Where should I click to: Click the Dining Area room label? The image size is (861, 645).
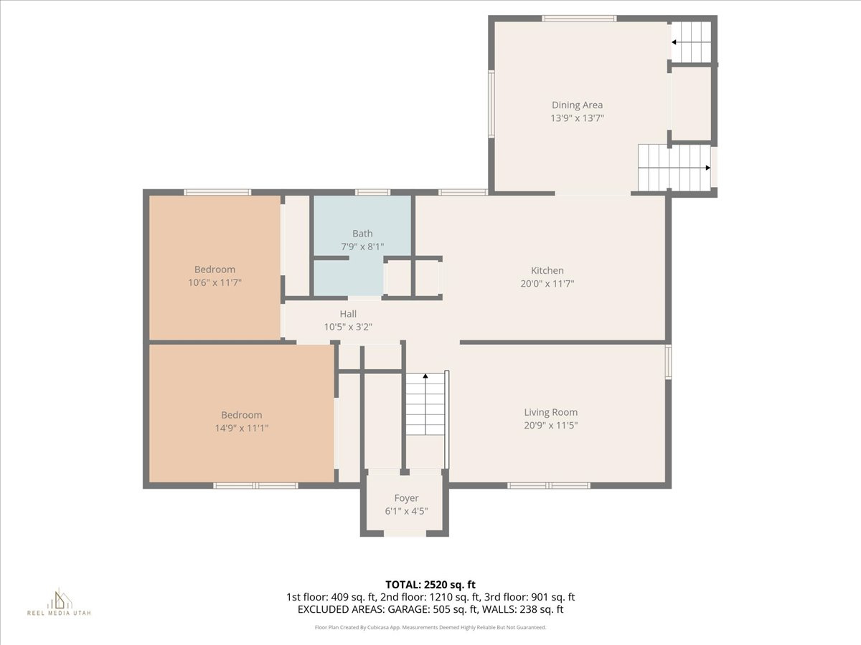(577, 105)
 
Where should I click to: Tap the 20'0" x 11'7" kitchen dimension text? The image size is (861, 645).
(547, 284)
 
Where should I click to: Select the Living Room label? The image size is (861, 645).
(550, 412)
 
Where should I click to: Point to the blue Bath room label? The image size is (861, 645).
(362, 234)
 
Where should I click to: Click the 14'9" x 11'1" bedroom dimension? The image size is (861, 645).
(241, 429)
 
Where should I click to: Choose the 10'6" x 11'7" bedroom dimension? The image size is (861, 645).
(215, 283)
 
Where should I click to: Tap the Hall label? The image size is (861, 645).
(348, 314)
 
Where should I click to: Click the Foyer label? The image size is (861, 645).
(406, 498)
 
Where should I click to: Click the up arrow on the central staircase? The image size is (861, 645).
(425, 376)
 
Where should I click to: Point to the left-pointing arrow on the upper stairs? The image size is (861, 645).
(674, 42)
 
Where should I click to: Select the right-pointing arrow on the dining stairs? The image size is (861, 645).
(707, 168)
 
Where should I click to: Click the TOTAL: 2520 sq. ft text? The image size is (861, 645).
(430, 583)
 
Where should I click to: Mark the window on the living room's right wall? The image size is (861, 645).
(668, 362)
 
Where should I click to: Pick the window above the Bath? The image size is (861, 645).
(373, 192)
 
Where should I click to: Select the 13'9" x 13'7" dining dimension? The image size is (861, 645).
(577, 118)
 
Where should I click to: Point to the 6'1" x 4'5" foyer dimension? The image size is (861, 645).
(406, 512)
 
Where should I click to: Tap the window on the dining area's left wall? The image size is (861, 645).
(491, 103)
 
